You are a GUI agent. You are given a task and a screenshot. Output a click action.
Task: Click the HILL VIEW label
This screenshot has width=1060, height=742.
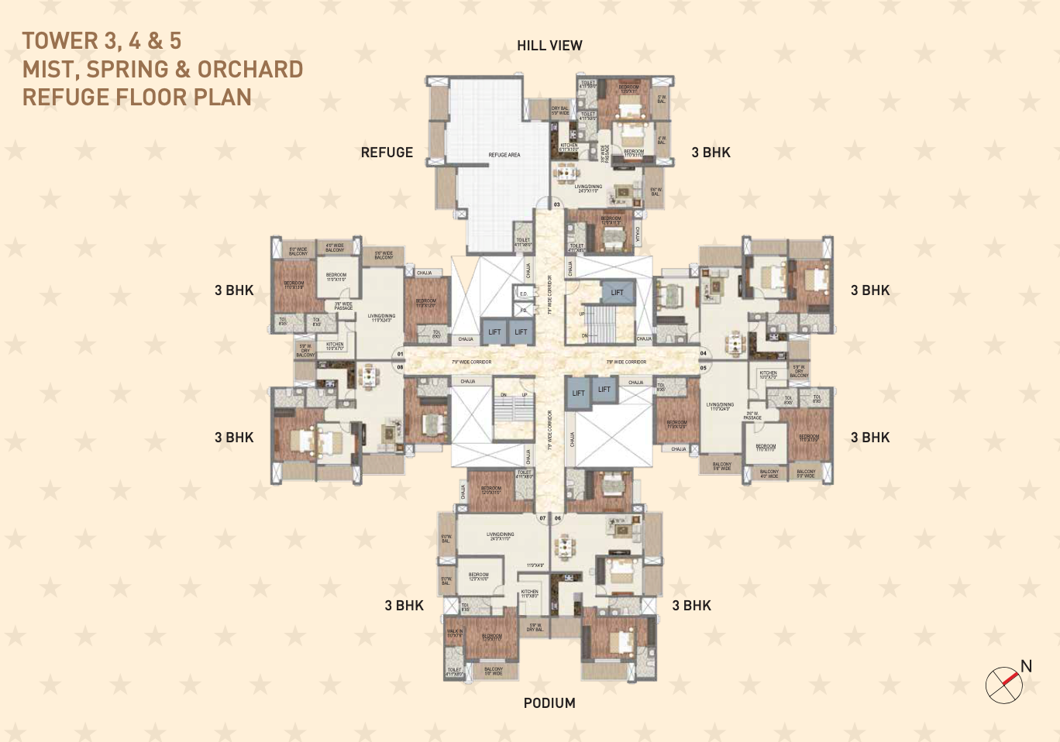point(549,46)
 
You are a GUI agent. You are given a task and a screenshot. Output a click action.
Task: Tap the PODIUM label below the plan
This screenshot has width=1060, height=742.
point(549,703)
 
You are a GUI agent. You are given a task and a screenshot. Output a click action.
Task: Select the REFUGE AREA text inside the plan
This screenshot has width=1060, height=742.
point(504,155)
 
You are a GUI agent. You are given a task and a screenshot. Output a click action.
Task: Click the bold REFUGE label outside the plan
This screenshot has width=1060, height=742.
point(387,153)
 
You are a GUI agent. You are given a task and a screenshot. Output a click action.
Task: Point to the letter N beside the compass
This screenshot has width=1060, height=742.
point(1026,666)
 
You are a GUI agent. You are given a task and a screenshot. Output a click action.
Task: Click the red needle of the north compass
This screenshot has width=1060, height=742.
point(1009,679)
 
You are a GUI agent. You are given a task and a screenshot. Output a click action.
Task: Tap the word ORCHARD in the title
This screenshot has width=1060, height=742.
point(250,70)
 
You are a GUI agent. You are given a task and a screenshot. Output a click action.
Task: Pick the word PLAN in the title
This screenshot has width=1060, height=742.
point(223,98)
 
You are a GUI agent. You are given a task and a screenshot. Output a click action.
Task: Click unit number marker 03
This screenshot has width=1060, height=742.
point(556,204)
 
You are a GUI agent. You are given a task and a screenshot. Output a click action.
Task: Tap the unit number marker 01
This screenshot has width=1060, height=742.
point(401,354)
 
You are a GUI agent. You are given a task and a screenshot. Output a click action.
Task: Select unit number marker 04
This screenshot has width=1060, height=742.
point(703,353)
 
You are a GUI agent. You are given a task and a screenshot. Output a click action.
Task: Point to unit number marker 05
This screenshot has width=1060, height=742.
point(703,368)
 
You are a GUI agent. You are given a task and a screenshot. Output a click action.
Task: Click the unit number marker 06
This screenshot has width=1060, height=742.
point(558,518)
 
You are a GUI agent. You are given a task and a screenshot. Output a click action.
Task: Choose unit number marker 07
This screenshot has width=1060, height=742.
point(542,518)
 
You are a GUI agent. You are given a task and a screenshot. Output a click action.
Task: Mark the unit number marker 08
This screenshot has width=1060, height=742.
point(401,367)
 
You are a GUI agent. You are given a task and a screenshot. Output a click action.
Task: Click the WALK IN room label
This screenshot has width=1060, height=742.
point(455,633)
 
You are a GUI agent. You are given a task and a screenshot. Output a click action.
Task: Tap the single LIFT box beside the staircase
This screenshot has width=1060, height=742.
point(617,293)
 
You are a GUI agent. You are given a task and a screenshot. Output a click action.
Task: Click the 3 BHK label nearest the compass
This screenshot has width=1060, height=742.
point(870,438)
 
